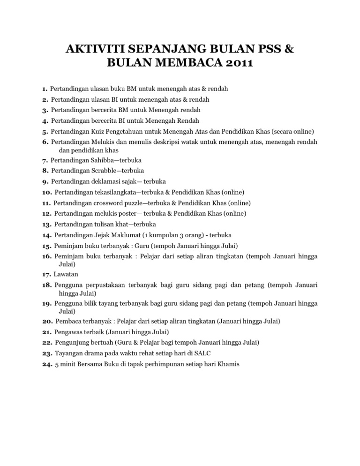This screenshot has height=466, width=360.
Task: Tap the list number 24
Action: pos(46,363)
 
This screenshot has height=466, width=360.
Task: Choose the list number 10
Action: pos(46,192)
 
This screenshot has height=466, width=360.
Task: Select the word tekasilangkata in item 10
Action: pos(112,192)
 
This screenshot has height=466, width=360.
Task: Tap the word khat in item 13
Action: pos(120,224)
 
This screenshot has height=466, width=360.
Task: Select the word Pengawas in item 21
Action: pos(68,331)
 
